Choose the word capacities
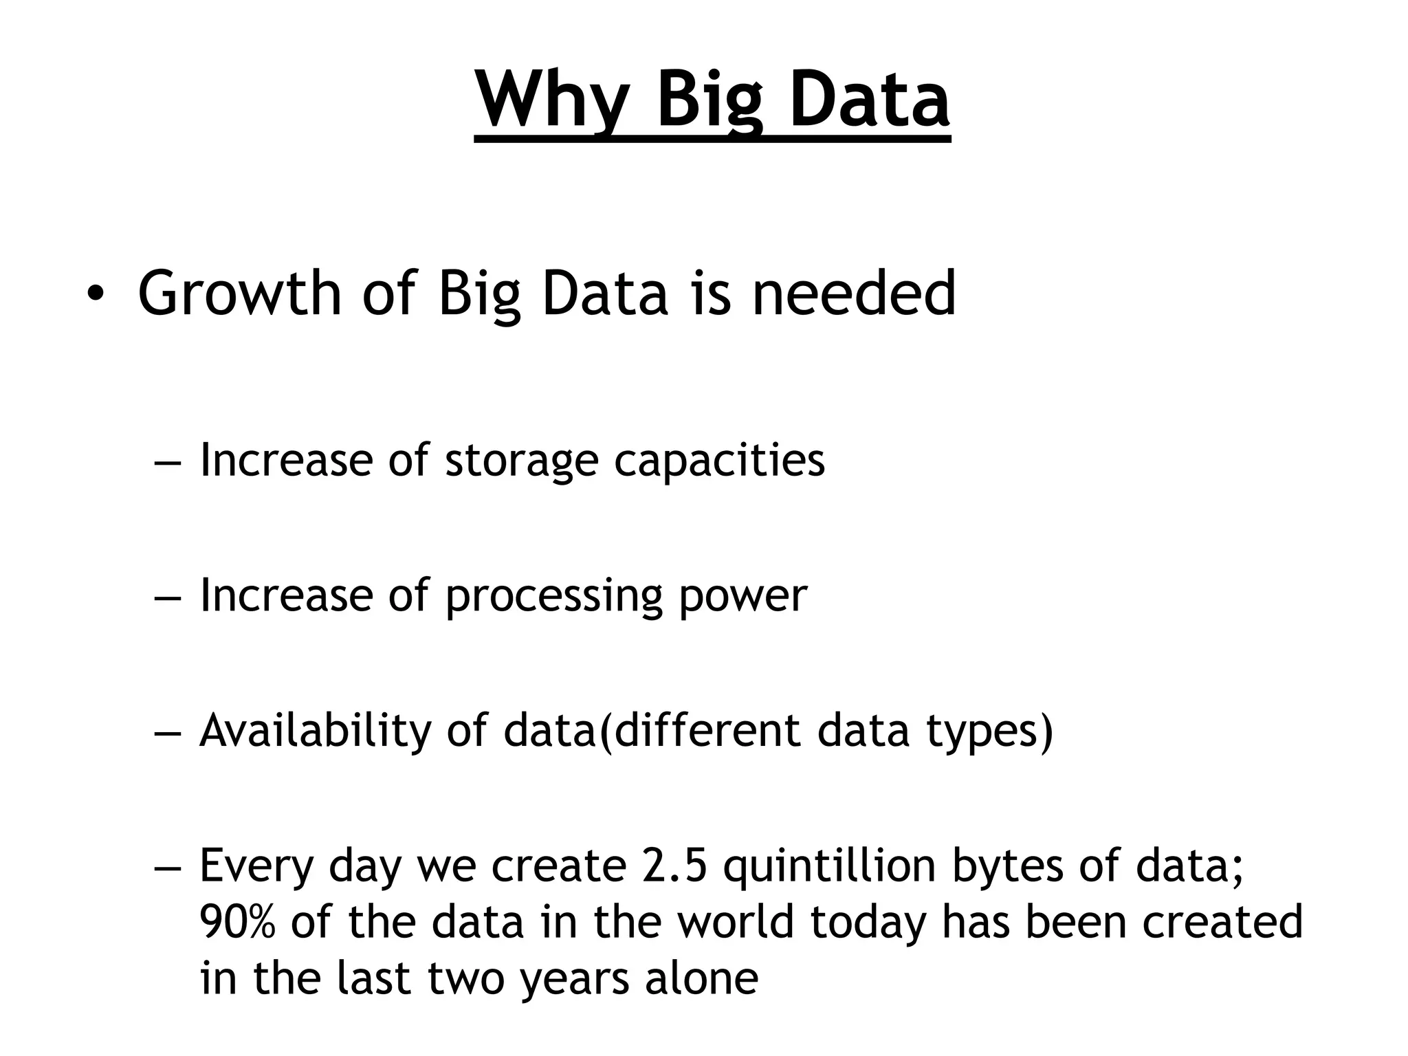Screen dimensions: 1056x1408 pos(719,461)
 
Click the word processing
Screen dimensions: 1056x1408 pos(553,595)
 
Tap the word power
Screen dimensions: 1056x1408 pos(742,595)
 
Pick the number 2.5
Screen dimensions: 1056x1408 pos(674,866)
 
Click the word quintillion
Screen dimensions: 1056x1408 pos(830,866)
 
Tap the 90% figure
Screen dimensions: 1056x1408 pos(237,923)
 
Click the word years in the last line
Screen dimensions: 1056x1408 pos(573,979)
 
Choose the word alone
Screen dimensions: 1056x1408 pos(701,979)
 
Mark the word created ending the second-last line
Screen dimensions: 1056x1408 pos(1222,923)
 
